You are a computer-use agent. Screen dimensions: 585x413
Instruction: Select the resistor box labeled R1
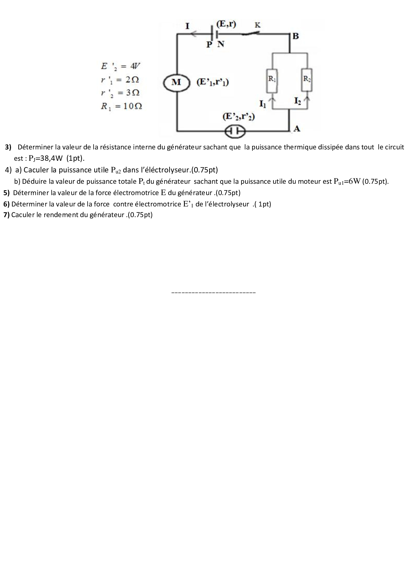272,80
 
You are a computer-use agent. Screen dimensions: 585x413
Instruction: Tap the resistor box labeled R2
307,80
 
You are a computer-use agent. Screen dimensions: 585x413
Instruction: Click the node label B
295,36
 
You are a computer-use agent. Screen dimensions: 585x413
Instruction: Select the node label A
297,129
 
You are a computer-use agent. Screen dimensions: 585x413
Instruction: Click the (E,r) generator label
226,24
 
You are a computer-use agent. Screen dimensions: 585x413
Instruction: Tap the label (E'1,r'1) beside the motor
213,82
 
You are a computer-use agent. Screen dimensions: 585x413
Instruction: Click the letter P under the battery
209,44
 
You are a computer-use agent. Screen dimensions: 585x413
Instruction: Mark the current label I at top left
188,26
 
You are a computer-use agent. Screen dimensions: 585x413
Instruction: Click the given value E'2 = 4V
121,66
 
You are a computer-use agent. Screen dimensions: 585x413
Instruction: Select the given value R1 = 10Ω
122,106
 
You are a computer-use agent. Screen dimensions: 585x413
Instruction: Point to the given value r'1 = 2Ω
120,80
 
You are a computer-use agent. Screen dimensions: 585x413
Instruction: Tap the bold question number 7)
6,215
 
